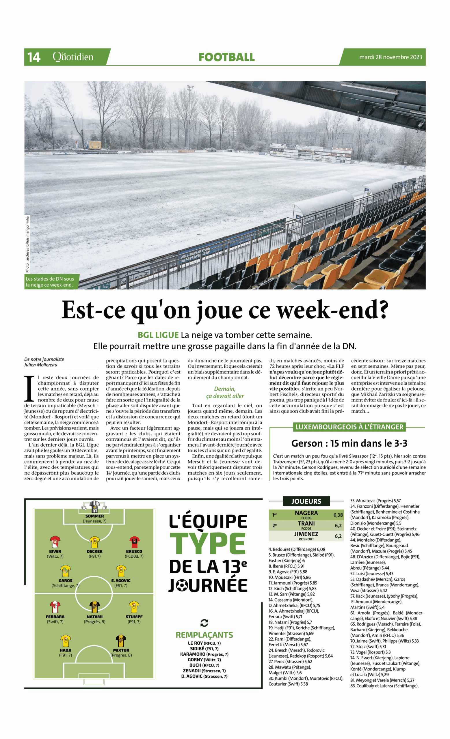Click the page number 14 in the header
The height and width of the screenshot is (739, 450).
(34, 57)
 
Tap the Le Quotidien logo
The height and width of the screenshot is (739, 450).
(73, 56)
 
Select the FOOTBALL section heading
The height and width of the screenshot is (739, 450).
(226, 57)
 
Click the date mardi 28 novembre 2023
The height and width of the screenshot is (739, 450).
(390, 57)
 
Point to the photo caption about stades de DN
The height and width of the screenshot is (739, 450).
(50, 282)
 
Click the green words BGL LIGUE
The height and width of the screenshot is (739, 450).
(158, 335)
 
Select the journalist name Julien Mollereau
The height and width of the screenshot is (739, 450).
(40, 365)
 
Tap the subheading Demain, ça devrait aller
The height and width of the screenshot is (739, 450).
(225, 392)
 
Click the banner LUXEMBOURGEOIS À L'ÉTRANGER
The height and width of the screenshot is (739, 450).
(349, 427)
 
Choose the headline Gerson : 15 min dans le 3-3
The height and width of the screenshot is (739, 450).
(349, 443)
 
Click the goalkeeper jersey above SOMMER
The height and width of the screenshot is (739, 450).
(94, 507)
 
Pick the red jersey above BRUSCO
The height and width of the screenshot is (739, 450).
(134, 542)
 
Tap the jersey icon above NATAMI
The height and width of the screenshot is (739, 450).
(94, 607)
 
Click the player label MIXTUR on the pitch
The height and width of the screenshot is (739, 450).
(121, 650)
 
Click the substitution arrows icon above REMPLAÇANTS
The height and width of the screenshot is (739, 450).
(204, 623)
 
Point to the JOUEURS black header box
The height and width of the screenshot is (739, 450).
(306, 501)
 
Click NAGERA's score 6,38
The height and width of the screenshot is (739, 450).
(338, 515)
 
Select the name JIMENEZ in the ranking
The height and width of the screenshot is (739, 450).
(306, 534)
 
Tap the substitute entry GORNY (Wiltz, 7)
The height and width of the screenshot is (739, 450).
(204, 660)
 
